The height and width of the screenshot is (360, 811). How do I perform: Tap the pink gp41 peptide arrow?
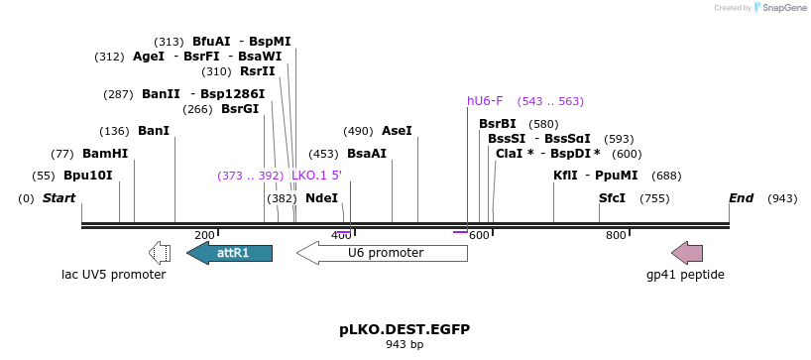tap(687, 253)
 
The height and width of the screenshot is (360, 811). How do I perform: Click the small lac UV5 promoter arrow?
tap(159, 253)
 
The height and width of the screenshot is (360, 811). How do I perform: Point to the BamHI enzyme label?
tap(105, 154)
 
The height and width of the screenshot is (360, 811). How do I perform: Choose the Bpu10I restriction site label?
tap(88, 176)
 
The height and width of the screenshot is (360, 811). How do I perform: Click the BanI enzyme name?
tap(154, 131)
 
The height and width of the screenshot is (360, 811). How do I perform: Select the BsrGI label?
tap(240, 109)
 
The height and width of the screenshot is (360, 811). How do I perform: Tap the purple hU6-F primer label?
tap(485, 101)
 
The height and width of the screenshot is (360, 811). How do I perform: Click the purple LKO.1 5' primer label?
tap(316, 176)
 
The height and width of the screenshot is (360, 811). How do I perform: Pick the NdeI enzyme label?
tap(321, 198)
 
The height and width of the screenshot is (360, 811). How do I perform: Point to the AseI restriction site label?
tap(397, 131)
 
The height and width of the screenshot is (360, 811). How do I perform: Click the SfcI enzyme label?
tap(613, 198)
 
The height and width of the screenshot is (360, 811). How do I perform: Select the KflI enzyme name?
tap(565, 176)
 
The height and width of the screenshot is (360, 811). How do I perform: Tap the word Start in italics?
tap(58, 198)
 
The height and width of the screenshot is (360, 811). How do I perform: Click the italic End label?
tap(742, 198)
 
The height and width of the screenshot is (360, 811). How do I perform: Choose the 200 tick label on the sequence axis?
tap(204, 235)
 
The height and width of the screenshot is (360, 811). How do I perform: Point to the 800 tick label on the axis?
tap(616, 235)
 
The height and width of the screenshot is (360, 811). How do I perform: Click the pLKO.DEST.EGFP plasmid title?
tap(405, 328)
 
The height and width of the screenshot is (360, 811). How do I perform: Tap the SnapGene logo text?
tap(783, 8)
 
